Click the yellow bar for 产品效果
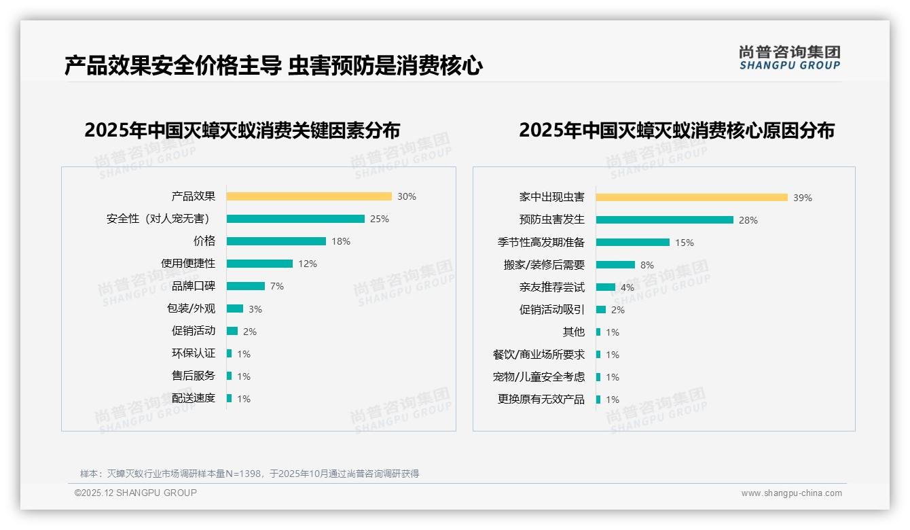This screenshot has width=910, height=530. [x=309, y=196]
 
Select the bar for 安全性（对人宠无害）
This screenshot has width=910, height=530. [x=295, y=219]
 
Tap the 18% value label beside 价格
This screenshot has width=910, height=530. [x=341, y=241]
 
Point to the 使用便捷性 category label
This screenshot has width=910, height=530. [x=188, y=264]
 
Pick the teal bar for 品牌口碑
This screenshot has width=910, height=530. [x=246, y=286]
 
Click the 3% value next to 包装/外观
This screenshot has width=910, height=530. [x=255, y=309]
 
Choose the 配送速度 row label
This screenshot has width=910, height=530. [x=194, y=398]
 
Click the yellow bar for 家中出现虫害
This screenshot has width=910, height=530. [x=692, y=197]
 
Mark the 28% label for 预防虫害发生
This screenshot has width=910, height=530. [x=748, y=220]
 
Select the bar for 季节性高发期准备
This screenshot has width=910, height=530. [x=633, y=243]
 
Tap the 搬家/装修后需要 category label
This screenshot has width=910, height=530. [x=544, y=265]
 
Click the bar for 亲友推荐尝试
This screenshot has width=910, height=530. [x=606, y=287]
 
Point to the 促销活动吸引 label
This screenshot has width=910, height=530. [x=552, y=310]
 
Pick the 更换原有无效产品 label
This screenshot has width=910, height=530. [x=541, y=400]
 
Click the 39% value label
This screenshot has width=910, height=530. [x=803, y=198]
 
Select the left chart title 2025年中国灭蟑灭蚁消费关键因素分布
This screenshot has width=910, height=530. [x=242, y=130]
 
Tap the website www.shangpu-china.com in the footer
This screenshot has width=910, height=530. [x=791, y=493]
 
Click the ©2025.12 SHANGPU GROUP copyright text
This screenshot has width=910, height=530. [x=136, y=493]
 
